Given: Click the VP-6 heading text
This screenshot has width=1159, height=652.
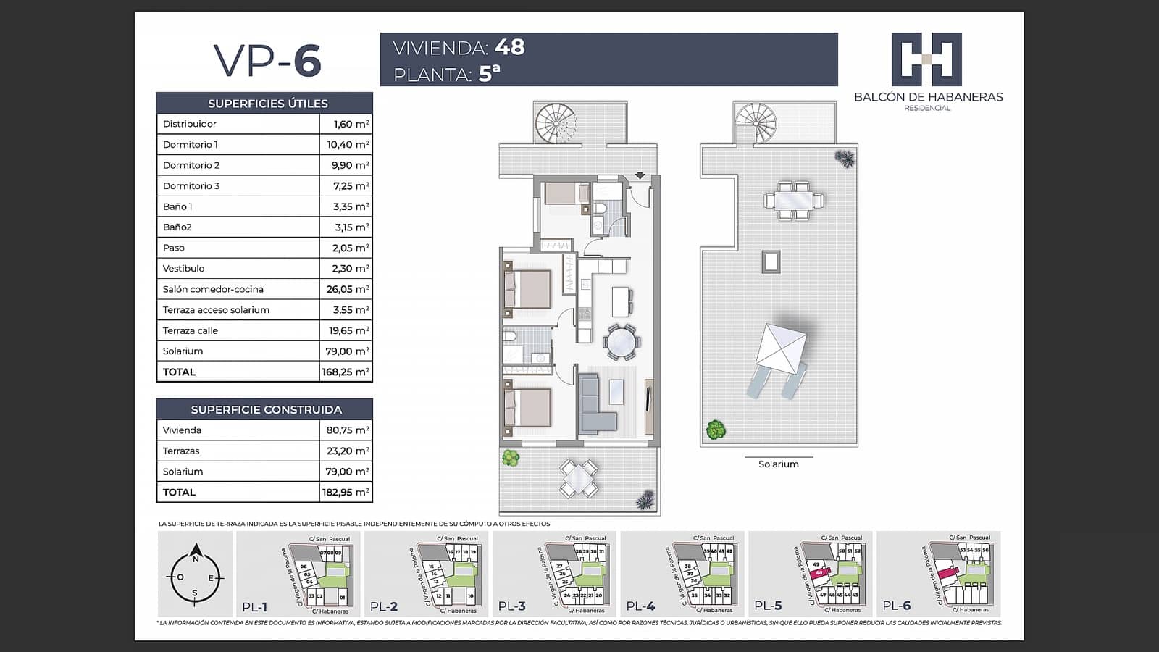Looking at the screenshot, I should (267, 60).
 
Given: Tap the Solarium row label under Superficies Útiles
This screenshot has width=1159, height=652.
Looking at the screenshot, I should (183, 351).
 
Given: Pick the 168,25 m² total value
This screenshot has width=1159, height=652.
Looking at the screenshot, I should (346, 372).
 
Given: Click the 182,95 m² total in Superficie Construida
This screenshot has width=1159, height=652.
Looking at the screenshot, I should (346, 493).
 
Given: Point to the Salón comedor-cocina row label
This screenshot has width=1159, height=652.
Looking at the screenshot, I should (213, 289).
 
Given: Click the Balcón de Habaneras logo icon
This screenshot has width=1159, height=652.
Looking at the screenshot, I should (926, 59).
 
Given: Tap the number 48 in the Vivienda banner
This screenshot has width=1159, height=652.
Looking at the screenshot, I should (510, 47).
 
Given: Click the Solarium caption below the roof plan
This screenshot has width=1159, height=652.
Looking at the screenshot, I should (778, 464).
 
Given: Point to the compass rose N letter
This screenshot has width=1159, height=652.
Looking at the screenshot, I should (196, 559).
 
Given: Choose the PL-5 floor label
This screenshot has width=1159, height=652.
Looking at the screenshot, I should (768, 606).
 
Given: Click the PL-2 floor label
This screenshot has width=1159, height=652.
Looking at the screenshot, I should (384, 606).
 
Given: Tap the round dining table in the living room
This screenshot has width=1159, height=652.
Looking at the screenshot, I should (622, 342).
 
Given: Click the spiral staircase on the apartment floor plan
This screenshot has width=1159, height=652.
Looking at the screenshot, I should (554, 122).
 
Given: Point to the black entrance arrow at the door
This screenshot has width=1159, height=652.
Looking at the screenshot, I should (640, 175).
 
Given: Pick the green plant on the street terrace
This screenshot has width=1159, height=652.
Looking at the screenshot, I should (511, 458).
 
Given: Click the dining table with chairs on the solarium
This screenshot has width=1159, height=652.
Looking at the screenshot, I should (793, 200).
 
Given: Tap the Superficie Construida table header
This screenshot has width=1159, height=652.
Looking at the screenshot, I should (266, 410).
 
